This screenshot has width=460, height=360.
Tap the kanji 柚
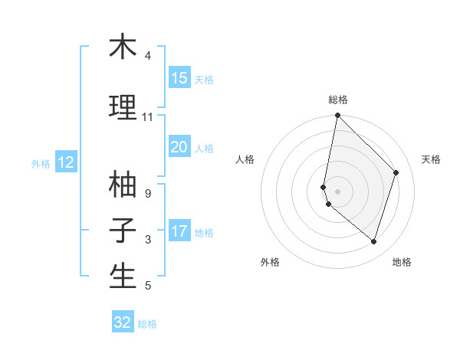(123, 184)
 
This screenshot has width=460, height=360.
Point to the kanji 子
(123, 230)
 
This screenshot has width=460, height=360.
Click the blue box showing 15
(179, 78)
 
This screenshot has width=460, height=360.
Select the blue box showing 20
(179, 147)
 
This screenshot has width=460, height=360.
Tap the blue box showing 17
(179, 231)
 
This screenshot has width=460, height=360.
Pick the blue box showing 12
(66, 162)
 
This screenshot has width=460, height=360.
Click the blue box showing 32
(123, 322)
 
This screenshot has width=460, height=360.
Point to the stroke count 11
(147, 117)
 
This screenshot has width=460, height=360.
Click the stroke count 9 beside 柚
(147, 194)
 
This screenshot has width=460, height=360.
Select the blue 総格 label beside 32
(147, 324)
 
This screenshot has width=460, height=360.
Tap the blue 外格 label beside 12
(41, 163)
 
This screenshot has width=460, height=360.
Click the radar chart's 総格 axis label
(338, 100)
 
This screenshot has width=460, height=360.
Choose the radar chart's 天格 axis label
(431, 159)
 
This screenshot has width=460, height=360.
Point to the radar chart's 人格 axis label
(245, 159)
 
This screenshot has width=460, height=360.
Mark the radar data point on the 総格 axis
(338, 116)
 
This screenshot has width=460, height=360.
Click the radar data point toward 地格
(374, 241)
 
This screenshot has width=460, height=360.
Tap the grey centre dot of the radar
(338, 191)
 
